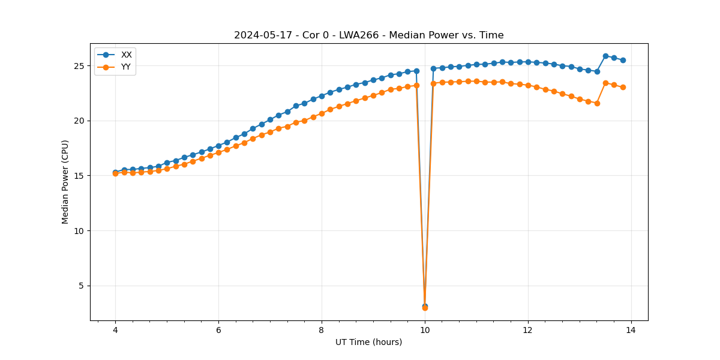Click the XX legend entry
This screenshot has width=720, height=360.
click(x=126, y=55)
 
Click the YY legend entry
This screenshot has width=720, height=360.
click(x=126, y=67)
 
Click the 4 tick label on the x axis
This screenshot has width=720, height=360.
click(x=115, y=329)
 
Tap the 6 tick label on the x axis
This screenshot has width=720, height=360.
click(x=218, y=329)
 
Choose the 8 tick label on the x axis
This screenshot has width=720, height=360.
click(x=322, y=329)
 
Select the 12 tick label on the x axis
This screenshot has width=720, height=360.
click(x=528, y=329)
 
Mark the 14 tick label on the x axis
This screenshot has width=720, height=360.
click(x=631, y=329)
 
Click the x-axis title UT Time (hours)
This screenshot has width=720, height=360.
click(x=368, y=342)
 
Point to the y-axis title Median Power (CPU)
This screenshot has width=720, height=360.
click(x=65, y=182)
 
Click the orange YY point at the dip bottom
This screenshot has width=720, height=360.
click(x=425, y=308)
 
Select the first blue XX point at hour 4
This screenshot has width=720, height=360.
click(x=115, y=173)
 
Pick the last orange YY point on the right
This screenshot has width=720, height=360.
click(x=623, y=87)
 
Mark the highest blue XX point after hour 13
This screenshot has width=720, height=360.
click(x=605, y=56)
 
